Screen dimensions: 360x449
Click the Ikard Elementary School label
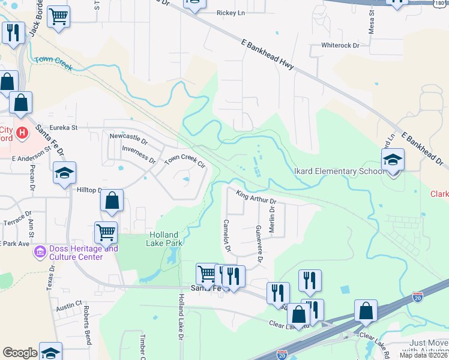[339, 172]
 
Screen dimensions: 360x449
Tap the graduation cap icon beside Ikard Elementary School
[393, 160]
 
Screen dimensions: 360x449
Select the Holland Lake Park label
[163, 239]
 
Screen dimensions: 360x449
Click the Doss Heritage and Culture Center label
[76, 253]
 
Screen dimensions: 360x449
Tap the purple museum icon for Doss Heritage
[40, 250]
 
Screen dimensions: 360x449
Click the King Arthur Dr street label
[256, 197]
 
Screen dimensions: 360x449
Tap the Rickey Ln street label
[231, 12]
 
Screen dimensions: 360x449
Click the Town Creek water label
[54, 62]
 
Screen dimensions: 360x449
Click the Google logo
[20, 353]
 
